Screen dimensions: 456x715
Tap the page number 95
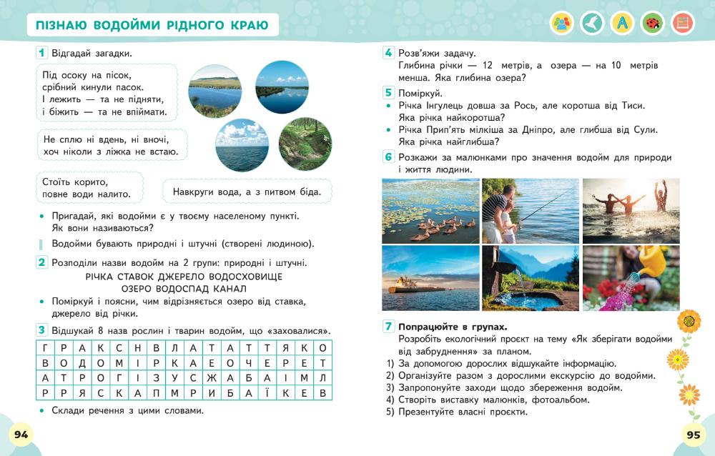coord(693,435)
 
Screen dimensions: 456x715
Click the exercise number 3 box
coord(42,329)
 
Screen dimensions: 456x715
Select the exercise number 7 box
coord(388,327)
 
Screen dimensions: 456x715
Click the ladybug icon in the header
coord(652,23)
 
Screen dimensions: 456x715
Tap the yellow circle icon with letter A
coord(622,23)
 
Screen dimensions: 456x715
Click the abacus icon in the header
coord(683,23)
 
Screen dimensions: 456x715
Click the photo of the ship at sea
coord(430,278)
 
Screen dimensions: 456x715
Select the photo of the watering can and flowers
coord(631,278)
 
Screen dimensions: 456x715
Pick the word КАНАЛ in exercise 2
coord(230,289)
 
